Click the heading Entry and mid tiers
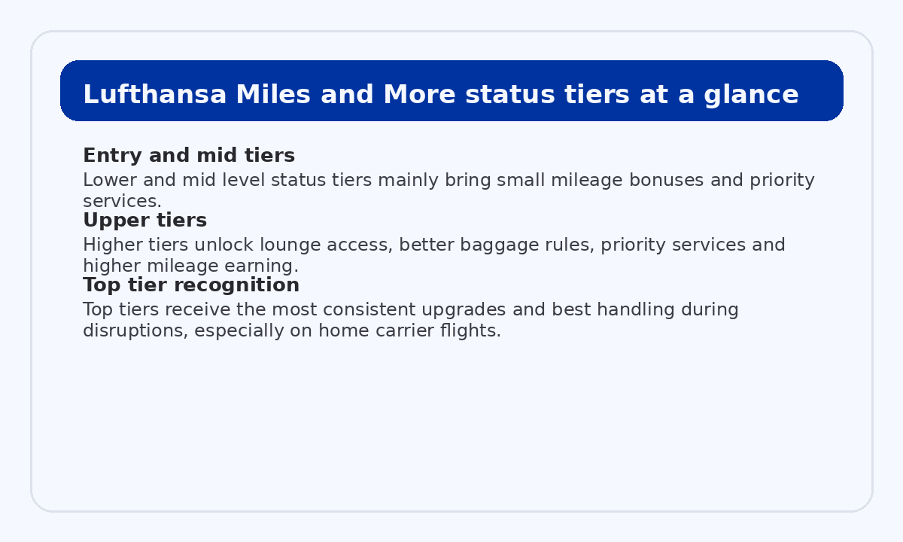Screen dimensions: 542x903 (x=188, y=156)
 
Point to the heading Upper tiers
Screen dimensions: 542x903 (x=144, y=221)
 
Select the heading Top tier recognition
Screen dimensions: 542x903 (x=191, y=285)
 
